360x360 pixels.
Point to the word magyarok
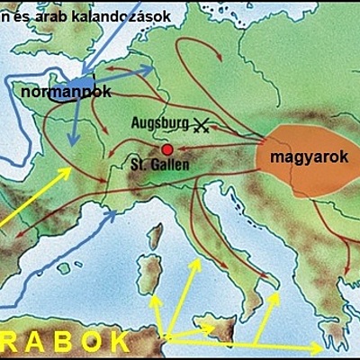295,156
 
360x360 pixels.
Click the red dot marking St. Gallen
166,149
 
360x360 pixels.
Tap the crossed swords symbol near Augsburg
202,127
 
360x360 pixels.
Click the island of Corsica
155,238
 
